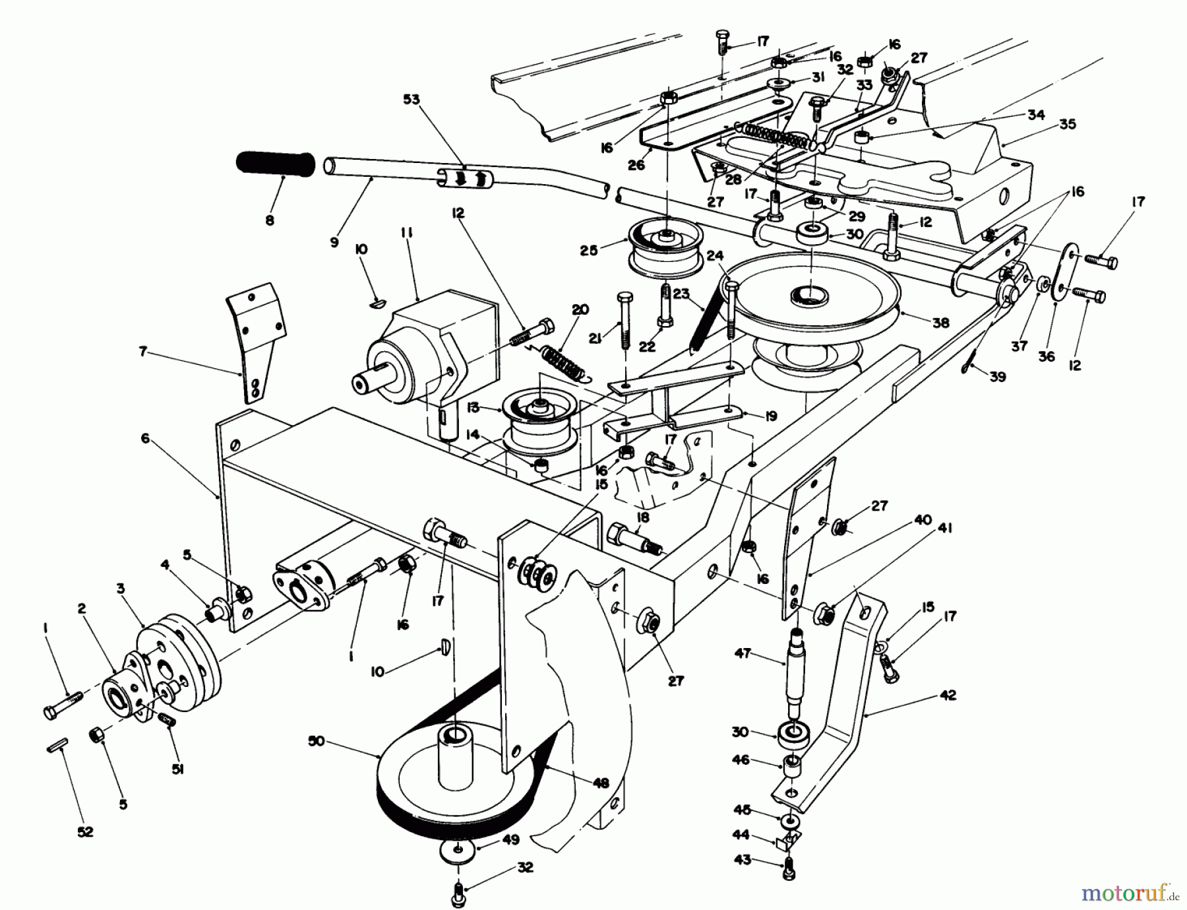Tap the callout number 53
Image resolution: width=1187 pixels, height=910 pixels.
411,100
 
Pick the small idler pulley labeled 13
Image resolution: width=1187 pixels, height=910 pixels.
539,422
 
